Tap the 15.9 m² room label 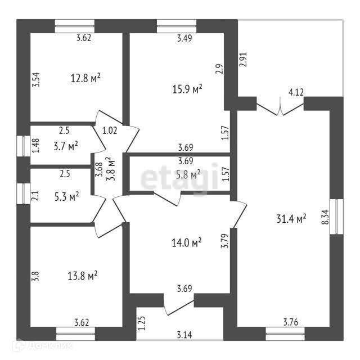pyautogui.click(x=187, y=89)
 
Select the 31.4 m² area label pyautogui.click(x=291, y=218)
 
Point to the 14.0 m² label pyautogui.click(x=187, y=242)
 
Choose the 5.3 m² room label pyautogui.click(x=65, y=196)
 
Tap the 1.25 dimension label pyautogui.click(x=141, y=322)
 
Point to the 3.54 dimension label pyautogui.click(x=35, y=76)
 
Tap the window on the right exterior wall pyautogui.click(x=335, y=217)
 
